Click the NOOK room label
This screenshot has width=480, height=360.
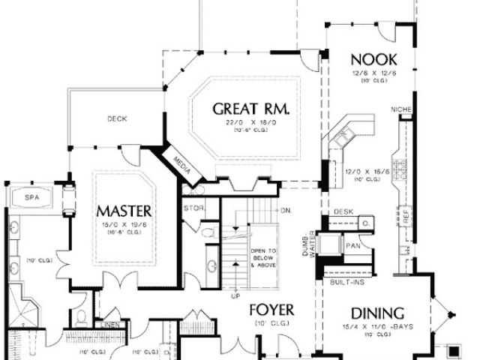pos(373,59)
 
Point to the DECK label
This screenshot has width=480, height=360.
pos(116,118)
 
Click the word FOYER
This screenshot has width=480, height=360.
pos(271,310)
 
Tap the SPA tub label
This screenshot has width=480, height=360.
pos(31,196)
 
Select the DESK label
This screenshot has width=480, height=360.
pos(343,212)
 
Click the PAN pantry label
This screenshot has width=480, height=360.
pos(352,244)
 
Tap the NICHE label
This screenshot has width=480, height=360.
pos(402,111)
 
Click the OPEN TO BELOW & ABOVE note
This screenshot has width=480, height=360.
pos(263,257)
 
